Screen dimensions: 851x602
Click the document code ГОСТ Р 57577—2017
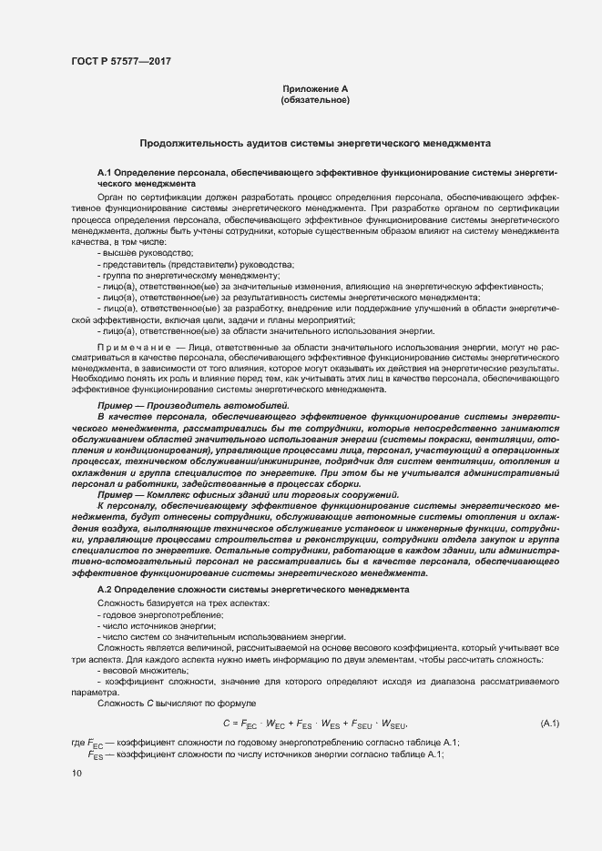tap(121, 61)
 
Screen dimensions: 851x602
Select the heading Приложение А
tap(316, 88)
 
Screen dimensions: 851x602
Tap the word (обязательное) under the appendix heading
tap(316, 100)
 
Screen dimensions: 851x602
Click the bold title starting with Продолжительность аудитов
tap(315, 144)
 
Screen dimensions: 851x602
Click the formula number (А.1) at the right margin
tap(550, 723)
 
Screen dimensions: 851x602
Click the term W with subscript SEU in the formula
tap(393, 724)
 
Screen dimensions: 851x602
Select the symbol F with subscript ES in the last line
tap(94, 755)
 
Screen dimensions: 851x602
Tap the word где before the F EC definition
tap(77, 743)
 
